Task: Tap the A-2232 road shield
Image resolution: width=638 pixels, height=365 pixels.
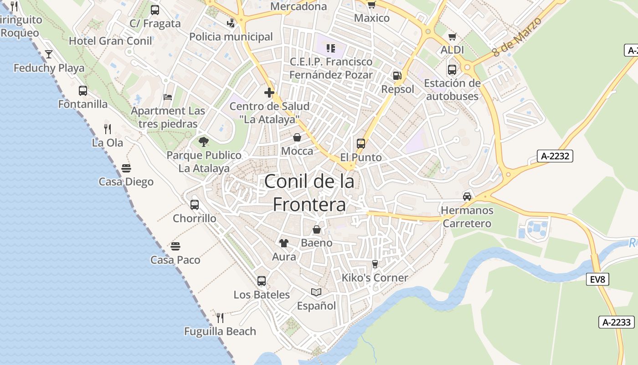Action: click(x=555, y=156)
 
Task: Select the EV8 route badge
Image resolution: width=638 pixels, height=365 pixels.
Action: click(x=597, y=279)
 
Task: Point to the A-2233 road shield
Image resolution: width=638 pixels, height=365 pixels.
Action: click(x=617, y=322)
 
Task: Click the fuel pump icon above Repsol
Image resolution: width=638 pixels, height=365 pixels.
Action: click(x=397, y=76)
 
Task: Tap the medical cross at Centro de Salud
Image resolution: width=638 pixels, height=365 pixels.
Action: click(x=269, y=93)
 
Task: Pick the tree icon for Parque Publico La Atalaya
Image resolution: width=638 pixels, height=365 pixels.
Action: click(x=204, y=142)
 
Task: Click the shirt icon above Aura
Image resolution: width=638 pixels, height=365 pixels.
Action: click(x=284, y=243)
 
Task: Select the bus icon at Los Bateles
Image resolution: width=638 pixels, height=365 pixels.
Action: click(x=262, y=281)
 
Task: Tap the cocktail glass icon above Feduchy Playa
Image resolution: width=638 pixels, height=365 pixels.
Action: click(x=49, y=55)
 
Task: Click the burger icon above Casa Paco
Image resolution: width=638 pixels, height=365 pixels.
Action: click(x=175, y=246)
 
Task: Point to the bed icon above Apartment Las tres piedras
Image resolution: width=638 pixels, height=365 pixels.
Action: click(x=168, y=97)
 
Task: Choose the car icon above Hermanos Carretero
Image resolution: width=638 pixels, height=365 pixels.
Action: click(x=467, y=197)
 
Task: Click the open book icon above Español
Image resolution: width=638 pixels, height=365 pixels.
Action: click(x=316, y=292)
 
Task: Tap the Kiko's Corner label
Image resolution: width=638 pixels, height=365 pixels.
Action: click(x=375, y=278)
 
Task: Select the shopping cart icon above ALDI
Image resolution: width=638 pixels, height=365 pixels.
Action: click(x=452, y=37)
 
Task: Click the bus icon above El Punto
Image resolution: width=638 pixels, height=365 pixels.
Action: click(x=361, y=144)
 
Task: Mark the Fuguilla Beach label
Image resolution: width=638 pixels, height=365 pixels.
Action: click(x=220, y=331)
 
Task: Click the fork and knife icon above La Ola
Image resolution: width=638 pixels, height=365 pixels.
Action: click(x=108, y=129)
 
